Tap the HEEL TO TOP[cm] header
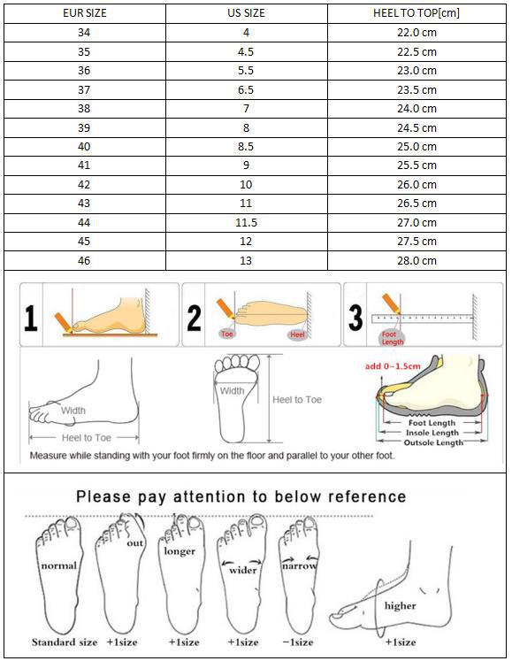coord(416,13)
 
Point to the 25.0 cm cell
coord(416,147)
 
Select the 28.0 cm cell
coord(416,261)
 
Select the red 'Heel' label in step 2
coord(296,335)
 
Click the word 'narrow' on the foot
coord(299,565)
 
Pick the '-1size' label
coord(298,642)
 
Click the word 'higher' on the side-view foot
coord(401,606)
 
